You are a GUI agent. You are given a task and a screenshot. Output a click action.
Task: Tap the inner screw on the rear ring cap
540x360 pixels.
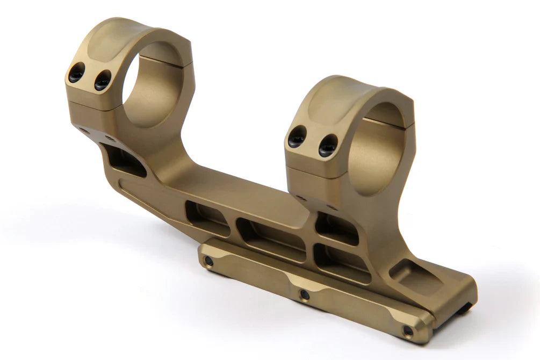(x=102, y=80)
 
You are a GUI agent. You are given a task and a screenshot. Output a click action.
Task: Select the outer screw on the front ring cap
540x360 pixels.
(x=297, y=136)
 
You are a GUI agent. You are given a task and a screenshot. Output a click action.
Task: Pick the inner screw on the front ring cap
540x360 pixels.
(x=327, y=146)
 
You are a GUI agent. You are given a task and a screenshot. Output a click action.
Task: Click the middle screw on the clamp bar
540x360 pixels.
(x=305, y=294)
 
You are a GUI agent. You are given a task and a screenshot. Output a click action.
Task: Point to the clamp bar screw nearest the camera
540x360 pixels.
(x=408, y=330)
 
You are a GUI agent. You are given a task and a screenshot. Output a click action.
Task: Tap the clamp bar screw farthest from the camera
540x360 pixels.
(x=208, y=261)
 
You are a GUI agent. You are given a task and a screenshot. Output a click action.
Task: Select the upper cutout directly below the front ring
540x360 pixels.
(x=336, y=228)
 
